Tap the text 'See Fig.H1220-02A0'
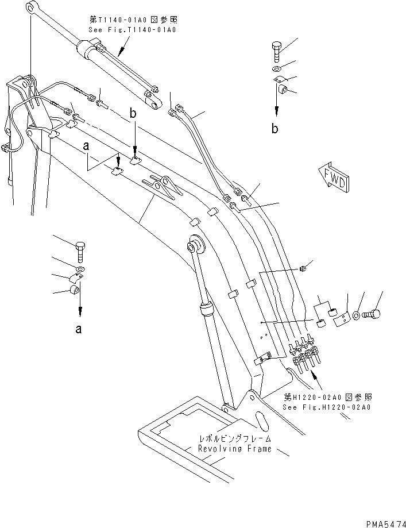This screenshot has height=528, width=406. (327, 407)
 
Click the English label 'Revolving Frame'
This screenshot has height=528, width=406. (234, 449)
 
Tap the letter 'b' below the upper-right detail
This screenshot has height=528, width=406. (276, 129)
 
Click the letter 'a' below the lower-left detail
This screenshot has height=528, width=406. (79, 329)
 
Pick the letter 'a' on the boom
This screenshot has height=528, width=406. (87, 147)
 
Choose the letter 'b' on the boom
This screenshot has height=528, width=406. (133, 115)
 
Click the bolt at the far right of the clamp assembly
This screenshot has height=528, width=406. (373, 314)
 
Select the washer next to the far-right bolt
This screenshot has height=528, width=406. (357, 315)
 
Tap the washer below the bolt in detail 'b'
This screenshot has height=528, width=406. (277, 70)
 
